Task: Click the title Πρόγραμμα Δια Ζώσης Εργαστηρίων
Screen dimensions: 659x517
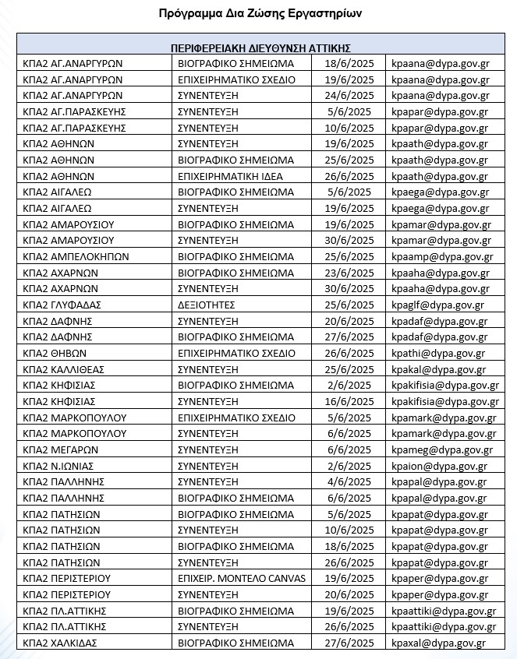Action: pyautogui.click(x=260, y=13)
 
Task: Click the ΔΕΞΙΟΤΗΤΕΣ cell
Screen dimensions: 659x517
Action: pyautogui.click(x=207, y=305)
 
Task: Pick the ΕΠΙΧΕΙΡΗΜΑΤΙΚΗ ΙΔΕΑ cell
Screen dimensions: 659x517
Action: pyautogui.click(x=230, y=176)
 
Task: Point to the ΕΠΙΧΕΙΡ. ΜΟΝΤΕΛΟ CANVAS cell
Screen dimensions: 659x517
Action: pyautogui.click(x=243, y=578)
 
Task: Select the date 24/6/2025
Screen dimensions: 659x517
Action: pyautogui.click(x=349, y=96)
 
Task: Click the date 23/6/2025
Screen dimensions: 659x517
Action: pyautogui.click(x=349, y=273)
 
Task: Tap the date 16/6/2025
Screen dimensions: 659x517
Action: pyautogui.click(x=349, y=401)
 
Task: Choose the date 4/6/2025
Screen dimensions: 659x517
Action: pyautogui.click(x=349, y=481)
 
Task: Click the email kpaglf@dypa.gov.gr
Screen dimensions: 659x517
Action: pyautogui.click(x=437, y=305)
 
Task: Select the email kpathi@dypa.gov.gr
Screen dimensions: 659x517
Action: pyautogui.click(x=438, y=353)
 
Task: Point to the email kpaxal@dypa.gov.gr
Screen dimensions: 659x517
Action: pyautogui.click(x=438, y=643)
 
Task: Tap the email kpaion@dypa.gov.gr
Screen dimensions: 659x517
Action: pyautogui.click(x=439, y=466)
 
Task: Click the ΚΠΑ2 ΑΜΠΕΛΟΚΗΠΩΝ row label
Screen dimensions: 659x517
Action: pyautogui.click(x=76, y=256)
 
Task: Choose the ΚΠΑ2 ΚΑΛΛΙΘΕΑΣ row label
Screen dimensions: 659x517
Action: pyautogui.click(x=64, y=369)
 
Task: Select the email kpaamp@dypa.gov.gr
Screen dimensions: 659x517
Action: pyautogui.click(x=442, y=256)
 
